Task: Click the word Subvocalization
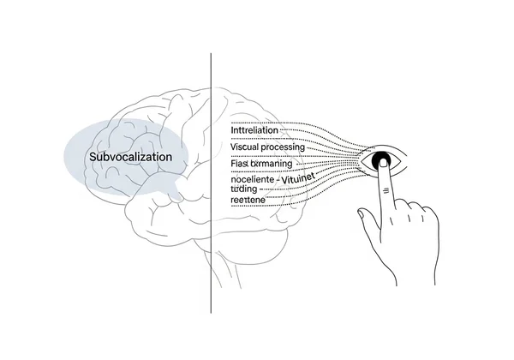[x=130, y=158]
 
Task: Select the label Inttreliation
[x=254, y=130]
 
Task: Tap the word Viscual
[x=248, y=147]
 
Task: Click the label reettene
[x=248, y=199]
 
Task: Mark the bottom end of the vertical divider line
[x=212, y=312]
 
